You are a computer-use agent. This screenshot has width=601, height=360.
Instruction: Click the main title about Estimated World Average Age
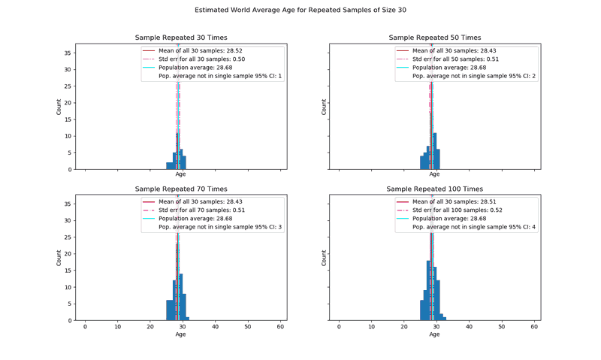point(300,11)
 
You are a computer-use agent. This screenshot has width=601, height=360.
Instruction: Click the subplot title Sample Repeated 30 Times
point(181,38)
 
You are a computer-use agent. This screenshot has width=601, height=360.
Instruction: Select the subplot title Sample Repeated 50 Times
point(435,38)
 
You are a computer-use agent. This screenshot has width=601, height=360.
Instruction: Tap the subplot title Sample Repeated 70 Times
point(181,189)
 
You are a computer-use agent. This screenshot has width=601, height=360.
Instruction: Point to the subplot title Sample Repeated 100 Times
point(435,189)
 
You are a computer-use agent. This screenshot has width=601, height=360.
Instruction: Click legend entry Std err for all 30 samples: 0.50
point(201,59)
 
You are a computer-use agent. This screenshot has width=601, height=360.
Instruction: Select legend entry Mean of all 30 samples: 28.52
point(202,51)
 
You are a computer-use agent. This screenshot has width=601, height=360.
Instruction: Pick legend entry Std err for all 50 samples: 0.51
point(455,59)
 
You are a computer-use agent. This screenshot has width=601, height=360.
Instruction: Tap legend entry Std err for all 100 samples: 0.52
point(458,210)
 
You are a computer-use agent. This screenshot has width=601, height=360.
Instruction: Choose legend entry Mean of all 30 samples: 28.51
point(456,201)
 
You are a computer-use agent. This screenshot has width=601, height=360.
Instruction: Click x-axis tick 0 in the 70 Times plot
point(85,327)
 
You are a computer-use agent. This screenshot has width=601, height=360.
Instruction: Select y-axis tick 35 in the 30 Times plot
point(68,53)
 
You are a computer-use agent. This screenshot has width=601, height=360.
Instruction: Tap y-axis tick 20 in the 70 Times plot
point(68,253)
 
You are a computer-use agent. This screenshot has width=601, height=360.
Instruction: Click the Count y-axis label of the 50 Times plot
point(325,107)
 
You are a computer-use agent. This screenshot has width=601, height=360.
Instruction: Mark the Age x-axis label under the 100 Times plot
point(435,334)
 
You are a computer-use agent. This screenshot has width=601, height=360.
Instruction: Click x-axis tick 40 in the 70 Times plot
point(214,327)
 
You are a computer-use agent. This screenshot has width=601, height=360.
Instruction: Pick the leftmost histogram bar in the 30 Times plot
point(169,165)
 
